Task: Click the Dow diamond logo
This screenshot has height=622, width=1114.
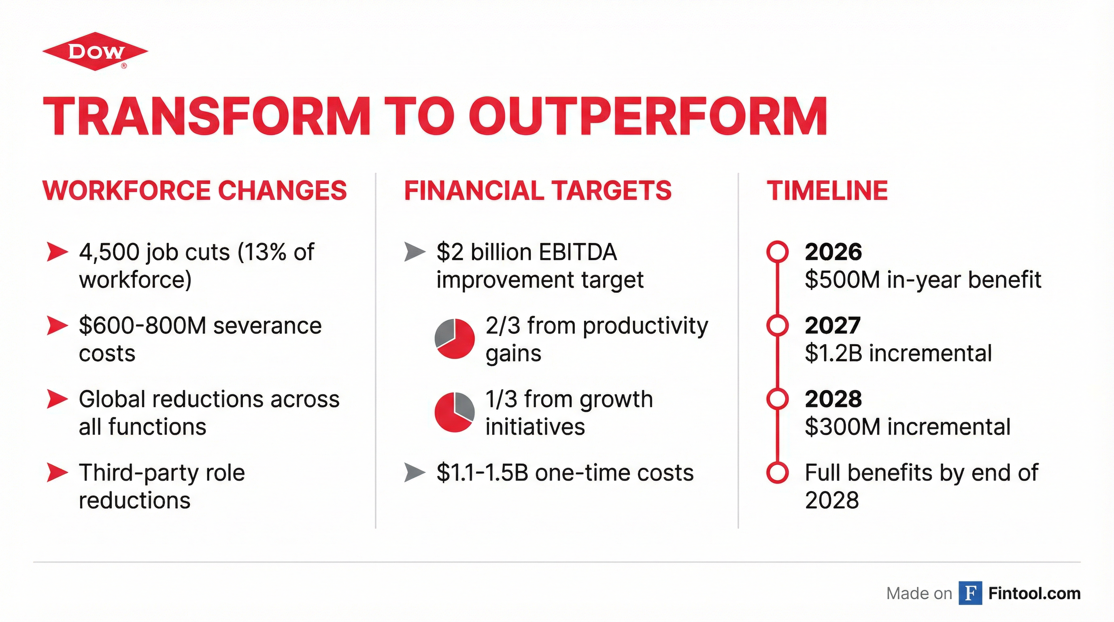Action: click(95, 51)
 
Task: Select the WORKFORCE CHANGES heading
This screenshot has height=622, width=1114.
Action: click(195, 190)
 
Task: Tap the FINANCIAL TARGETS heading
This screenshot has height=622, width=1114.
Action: click(538, 190)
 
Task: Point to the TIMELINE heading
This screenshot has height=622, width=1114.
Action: click(827, 190)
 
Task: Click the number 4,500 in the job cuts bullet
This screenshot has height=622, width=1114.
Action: click(109, 252)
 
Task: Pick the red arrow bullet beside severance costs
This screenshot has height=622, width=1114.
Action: click(57, 326)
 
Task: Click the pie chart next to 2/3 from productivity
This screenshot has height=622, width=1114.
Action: click(454, 339)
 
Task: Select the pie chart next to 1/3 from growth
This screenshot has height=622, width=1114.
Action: click(454, 412)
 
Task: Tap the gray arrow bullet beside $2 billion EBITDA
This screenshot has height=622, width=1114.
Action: click(414, 252)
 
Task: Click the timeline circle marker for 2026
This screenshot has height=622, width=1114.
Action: click(777, 252)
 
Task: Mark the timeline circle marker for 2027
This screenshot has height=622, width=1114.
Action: click(777, 325)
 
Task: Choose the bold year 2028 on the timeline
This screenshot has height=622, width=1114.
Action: click(833, 399)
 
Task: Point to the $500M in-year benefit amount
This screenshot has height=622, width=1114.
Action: click(842, 280)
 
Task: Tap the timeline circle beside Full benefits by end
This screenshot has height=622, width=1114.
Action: click(777, 472)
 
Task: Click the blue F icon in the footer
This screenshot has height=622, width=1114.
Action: click(970, 593)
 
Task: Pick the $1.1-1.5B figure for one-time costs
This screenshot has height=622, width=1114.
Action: click(482, 472)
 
